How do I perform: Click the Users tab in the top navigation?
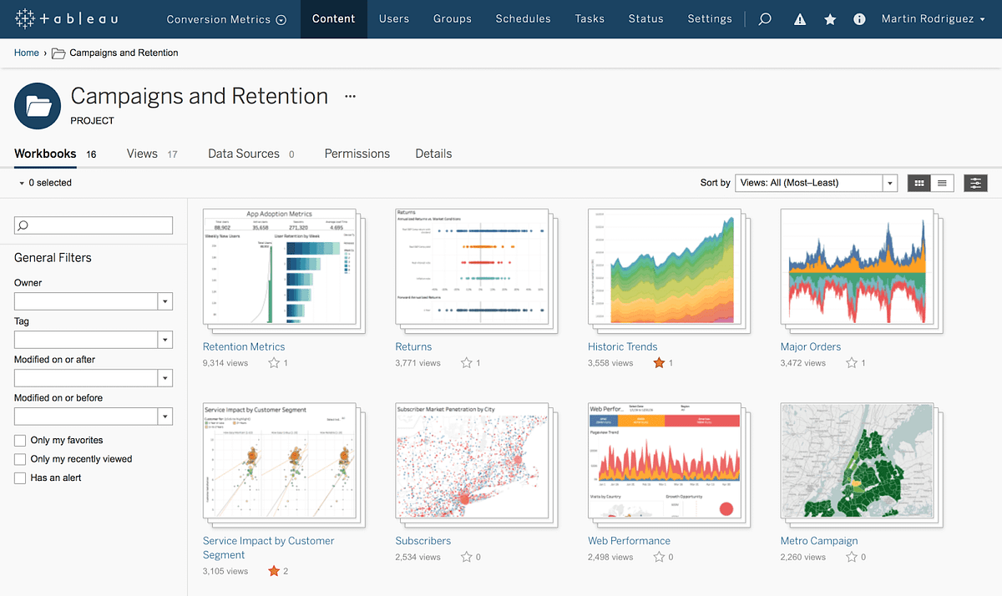[394, 18]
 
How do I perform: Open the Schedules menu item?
[524, 18]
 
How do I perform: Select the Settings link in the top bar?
[709, 18]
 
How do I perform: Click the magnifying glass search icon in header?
[765, 19]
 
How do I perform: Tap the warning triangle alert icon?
[800, 19]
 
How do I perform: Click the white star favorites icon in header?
[830, 19]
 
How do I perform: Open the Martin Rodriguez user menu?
[933, 18]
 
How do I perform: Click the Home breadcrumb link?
[27, 53]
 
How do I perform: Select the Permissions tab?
[357, 154]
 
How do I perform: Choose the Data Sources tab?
[244, 154]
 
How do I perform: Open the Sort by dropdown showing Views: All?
[816, 183]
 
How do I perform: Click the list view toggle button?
[942, 183]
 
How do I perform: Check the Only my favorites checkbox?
[20, 440]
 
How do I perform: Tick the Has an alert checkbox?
[20, 478]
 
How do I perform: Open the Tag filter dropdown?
[93, 340]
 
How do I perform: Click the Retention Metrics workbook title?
[244, 346]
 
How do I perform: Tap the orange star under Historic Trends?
[659, 363]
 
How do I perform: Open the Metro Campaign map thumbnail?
[857, 461]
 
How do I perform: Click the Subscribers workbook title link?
[423, 541]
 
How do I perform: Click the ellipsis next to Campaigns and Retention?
[350, 97]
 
